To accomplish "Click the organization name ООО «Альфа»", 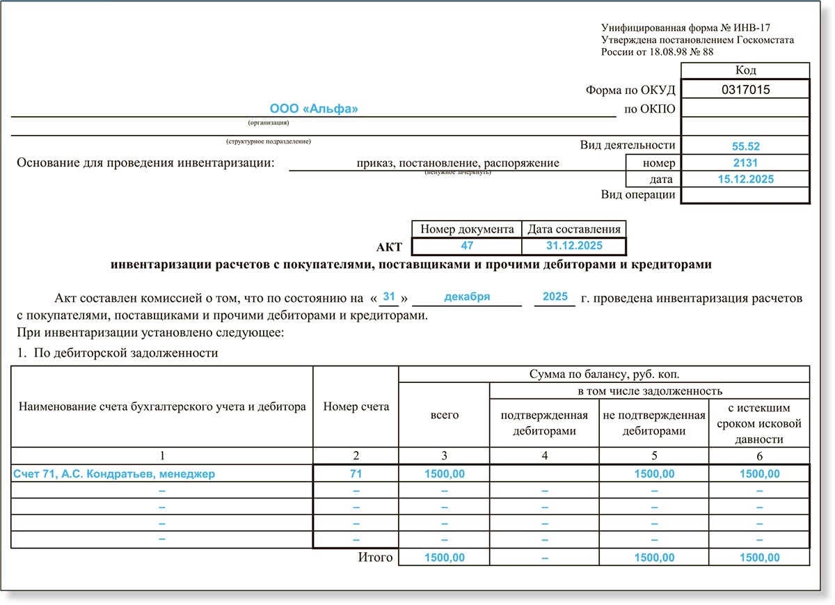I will [314, 109].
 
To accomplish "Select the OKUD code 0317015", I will [745, 89].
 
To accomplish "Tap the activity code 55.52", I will [745, 146].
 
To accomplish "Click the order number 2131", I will [745, 163].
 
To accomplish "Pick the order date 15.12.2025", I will [745, 179].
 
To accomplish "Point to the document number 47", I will [467, 246].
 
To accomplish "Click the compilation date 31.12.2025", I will [574, 246].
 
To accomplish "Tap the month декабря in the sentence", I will [467, 297].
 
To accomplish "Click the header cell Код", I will [745, 70].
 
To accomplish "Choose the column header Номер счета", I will [356, 407].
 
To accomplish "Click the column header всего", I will [445, 414].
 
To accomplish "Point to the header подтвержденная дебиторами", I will [545, 423].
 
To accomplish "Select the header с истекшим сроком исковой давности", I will [759, 423].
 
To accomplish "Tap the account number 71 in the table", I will [356, 473].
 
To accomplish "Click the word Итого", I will [376, 557].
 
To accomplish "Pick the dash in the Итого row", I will [545, 558].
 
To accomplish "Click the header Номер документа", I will [467, 229].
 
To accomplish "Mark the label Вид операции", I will [638, 195].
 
